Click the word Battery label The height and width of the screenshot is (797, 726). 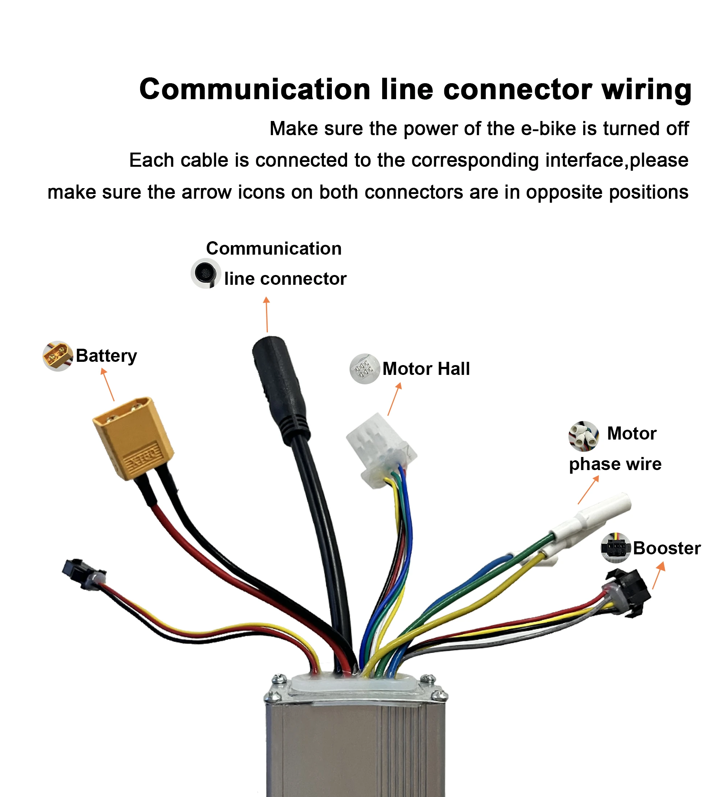[106, 355]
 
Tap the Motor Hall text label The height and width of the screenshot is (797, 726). [426, 369]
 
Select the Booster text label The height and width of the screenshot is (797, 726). [666, 548]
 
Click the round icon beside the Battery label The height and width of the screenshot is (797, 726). [58, 356]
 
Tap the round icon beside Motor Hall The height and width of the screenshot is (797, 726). [364, 369]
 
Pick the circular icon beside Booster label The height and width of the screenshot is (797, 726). [615, 548]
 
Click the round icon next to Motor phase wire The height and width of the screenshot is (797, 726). [583, 436]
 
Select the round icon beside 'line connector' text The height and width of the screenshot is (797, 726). [206, 273]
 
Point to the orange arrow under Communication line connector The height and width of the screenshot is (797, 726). [267, 315]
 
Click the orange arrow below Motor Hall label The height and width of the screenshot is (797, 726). [394, 399]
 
